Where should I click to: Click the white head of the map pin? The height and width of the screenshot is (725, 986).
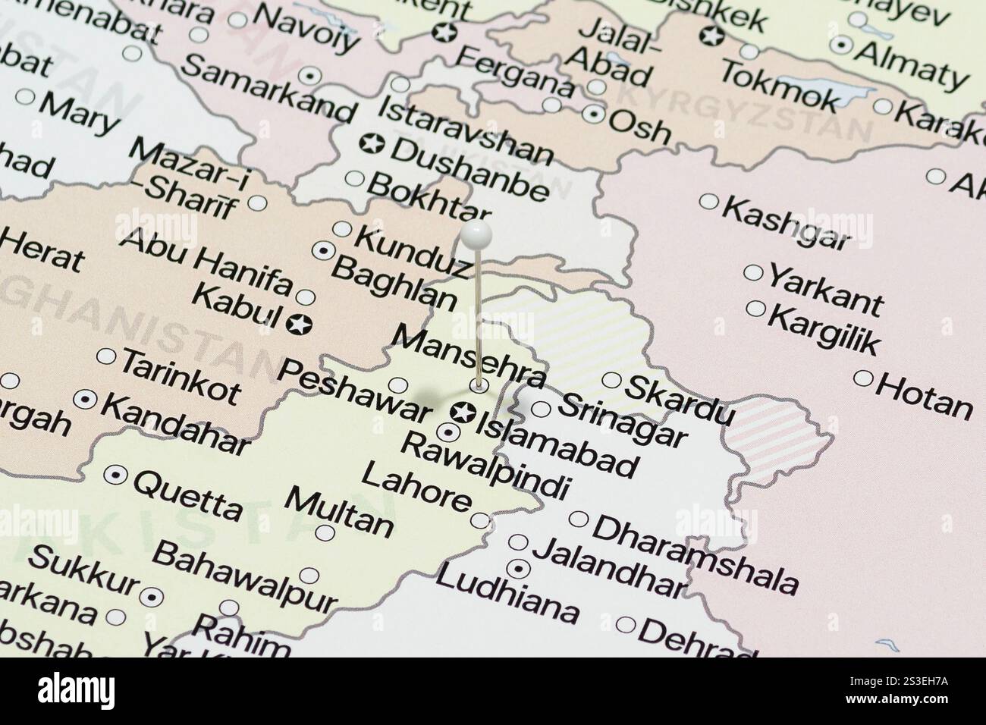click(476, 235)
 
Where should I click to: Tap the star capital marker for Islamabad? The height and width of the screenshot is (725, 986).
click(461, 413)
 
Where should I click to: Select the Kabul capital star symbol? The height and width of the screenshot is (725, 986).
click(300, 325)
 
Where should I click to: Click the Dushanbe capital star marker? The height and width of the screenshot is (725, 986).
click(372, 143)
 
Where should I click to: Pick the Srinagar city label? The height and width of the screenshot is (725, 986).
click(622, 420)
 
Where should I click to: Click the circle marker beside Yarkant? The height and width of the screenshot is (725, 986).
click(753, 273)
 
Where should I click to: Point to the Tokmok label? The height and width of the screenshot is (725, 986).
click(779, 86)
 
